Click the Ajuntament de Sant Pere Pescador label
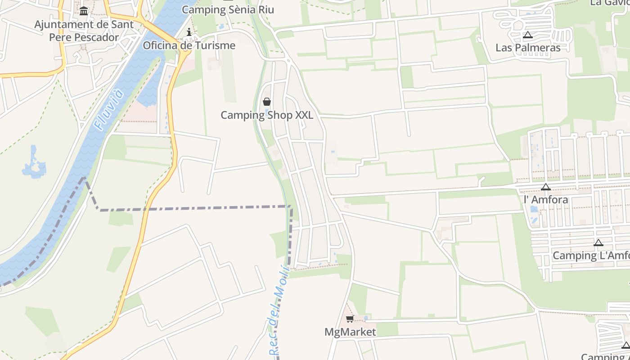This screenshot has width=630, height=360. coord(84,31)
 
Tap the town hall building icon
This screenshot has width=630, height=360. coord(84,10)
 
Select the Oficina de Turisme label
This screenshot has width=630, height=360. coord(189,45)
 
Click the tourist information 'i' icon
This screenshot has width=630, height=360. coord(189,32)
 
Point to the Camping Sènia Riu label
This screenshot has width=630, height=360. coord(228,9)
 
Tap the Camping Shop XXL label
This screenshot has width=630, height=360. coord(267,115)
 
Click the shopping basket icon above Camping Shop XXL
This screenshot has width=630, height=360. coord(267,102)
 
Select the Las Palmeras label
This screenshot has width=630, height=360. coord(528,48)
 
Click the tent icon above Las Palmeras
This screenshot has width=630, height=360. coord(528,35)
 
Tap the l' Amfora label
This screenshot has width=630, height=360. coord(546,199)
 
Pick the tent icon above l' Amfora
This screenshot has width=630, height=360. coord(546,187)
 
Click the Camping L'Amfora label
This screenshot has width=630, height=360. coord(591,256)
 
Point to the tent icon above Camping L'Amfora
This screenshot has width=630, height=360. coord(598,243)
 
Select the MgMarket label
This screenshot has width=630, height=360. coord(350,332)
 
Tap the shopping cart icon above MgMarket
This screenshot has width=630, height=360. coord(350,319)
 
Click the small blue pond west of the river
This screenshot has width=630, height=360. coord(34,163)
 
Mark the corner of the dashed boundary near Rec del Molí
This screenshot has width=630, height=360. coord(291,207)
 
